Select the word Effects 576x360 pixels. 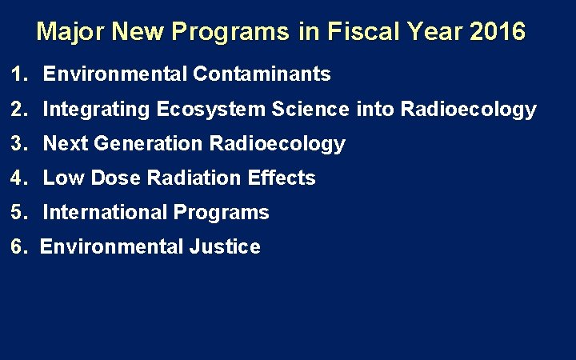tap(282, 178)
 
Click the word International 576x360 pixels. tap(98, 213)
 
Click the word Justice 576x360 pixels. tap(225, 247)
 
